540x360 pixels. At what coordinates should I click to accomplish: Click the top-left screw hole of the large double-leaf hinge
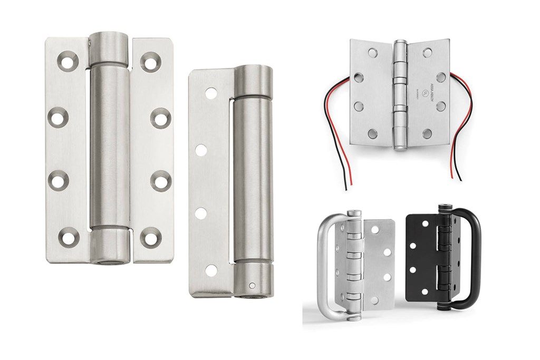point(67,62)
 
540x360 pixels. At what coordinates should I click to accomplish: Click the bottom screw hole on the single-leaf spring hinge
point(211,270)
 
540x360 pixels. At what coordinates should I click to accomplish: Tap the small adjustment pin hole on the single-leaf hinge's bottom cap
point(253,286)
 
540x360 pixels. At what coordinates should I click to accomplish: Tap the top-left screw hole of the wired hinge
point(373,52)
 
